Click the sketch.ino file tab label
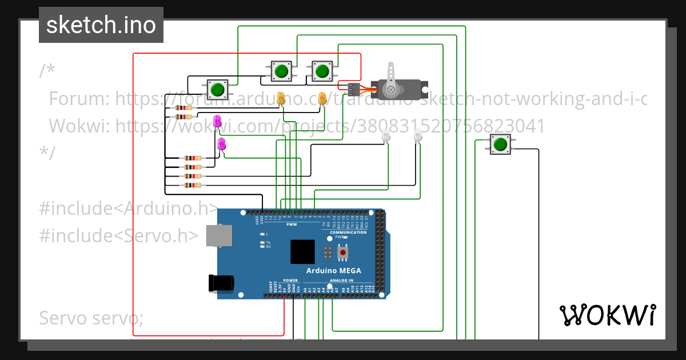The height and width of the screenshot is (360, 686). (x=101, y=25)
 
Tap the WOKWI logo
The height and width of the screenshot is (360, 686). (x=607, y=315)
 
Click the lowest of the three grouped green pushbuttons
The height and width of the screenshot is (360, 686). (x=217, y=90)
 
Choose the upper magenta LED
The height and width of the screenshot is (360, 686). (x=217, y=121)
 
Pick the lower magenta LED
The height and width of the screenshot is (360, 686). (x=222, y=145)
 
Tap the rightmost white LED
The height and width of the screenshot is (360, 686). (x=417, y=135)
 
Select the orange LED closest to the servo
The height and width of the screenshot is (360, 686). (x=322, y=98)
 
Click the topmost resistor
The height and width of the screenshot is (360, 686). (x=185, y=107)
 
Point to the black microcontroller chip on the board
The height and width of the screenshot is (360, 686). (x=302, y=252)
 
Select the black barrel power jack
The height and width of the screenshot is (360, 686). (x=223, y=283)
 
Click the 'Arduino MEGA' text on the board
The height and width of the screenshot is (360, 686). (x=334, y=270)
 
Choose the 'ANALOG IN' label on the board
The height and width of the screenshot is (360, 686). (x=341, y=281)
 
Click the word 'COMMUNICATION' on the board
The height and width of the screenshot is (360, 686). (x=348, y=233)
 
